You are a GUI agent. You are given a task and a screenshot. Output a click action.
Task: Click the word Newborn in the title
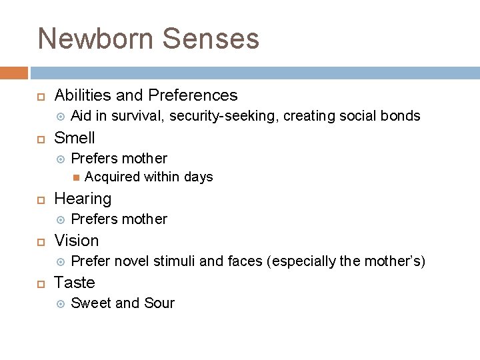click(x=96, y=39)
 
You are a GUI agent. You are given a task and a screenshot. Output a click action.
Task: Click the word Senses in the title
click(x=210, y=39)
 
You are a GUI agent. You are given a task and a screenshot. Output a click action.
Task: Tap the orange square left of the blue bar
click(x=14, y=73)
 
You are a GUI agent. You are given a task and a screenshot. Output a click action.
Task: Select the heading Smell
click(x=75, y=138)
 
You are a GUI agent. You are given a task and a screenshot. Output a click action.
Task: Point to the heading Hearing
click(x=83, y=199)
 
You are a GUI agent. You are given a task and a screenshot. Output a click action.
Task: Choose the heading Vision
click(x=76, y=241)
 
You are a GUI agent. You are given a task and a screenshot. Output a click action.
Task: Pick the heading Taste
click(x=75, y=283)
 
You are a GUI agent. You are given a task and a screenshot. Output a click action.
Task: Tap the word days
click(x=198, y=177)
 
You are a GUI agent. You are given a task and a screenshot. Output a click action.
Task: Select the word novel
click(x=132, y=261)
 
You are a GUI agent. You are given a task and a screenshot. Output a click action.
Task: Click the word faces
click(x=245, y=261)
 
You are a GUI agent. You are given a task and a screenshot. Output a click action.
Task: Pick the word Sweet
click(x=91, y=303)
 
